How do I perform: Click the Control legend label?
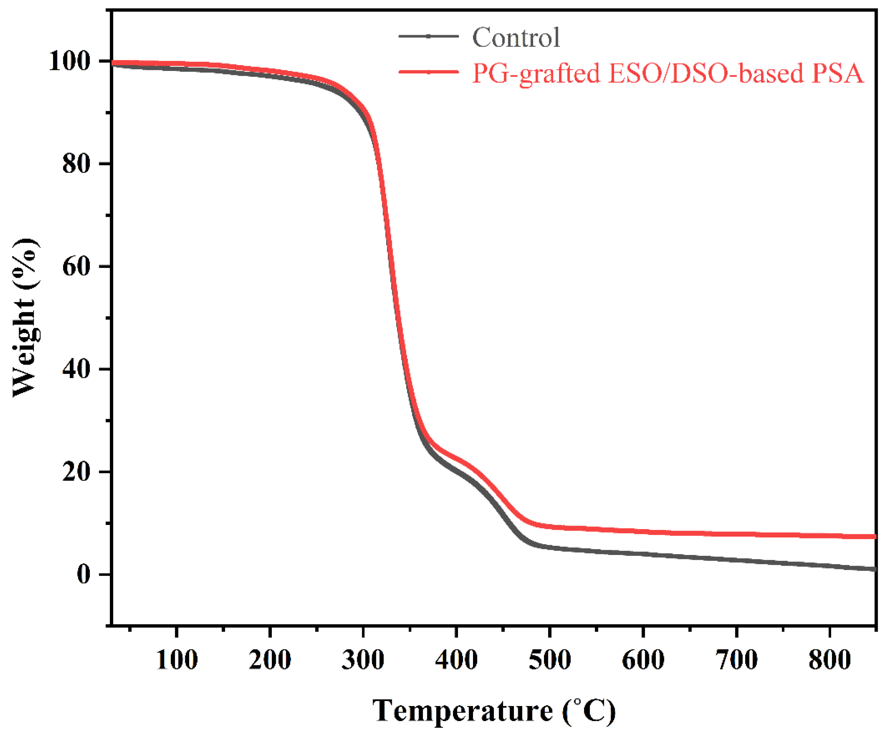516,37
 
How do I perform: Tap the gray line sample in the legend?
428,36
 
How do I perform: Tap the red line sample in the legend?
428,72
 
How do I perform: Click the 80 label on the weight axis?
76,164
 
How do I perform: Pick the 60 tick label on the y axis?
76,266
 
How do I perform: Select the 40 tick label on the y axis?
76,369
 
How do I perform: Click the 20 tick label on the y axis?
76,471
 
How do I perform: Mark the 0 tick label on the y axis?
83,574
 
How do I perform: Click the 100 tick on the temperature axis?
177,659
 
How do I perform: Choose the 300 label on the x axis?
363,659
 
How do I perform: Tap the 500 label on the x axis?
550,659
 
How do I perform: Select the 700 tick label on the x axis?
737,659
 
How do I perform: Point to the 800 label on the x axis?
830,659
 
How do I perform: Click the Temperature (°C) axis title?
493,711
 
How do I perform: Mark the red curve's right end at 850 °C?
874,537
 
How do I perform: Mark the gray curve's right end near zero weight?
874,569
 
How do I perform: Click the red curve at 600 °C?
643,531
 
